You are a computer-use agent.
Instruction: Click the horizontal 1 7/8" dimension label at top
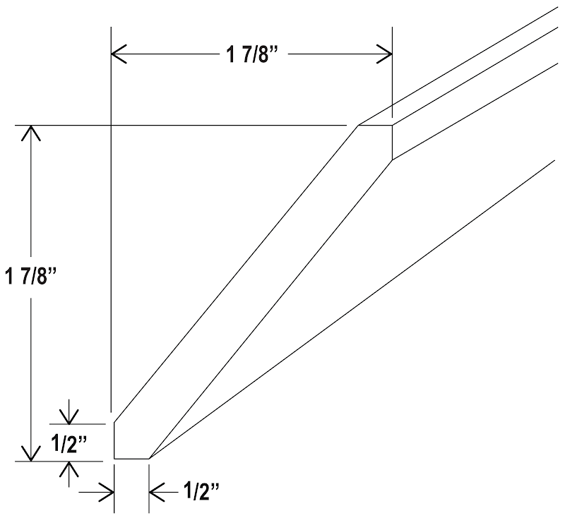tap(252, 55)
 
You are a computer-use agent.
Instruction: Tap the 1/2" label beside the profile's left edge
tap(69, 442)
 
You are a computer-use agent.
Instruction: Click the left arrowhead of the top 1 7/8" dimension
tap(119, 54)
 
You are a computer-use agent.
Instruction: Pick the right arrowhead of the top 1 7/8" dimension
tap(384, 54)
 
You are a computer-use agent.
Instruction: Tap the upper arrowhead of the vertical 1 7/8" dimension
tap(31, 133)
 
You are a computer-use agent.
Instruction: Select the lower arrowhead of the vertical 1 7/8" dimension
tap(31, 453)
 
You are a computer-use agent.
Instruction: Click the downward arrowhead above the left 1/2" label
tap(69, 416)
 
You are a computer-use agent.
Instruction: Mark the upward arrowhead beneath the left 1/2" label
tap(69, 469)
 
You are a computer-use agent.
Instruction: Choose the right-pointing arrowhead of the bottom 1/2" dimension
tap(107, 492)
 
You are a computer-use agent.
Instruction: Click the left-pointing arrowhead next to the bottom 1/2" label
tap(157, 492)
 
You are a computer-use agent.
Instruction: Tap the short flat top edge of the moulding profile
tap(375, 126)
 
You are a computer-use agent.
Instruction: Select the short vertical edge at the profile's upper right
tap(392, 142)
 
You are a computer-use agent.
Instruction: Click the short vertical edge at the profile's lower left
tap(114, 440)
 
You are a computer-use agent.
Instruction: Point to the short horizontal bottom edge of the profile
tap(131, 459)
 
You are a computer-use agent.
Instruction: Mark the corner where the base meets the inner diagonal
tap(149, 459)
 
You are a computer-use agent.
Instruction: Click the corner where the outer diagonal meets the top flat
tap(358, 126)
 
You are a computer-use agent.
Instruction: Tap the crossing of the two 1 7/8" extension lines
tap(111, 126)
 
